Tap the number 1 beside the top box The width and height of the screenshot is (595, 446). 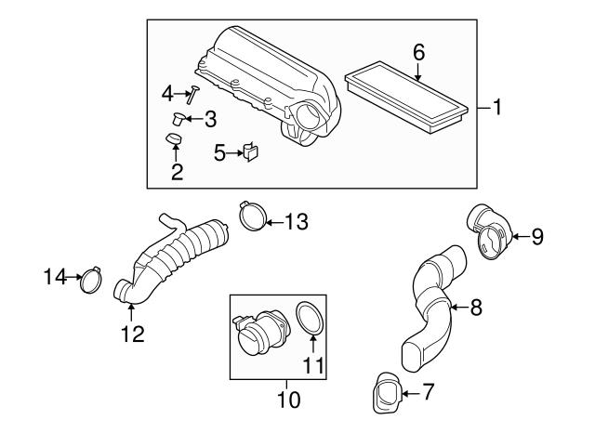coord(497,109)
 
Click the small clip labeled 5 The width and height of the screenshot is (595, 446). coord(250,152)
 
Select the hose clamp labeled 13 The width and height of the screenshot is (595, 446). coord(249,217)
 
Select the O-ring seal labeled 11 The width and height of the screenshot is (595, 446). coord(310,320)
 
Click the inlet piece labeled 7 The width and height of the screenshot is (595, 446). coord(388,394)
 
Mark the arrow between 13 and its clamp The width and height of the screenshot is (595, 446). coord(274,221)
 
